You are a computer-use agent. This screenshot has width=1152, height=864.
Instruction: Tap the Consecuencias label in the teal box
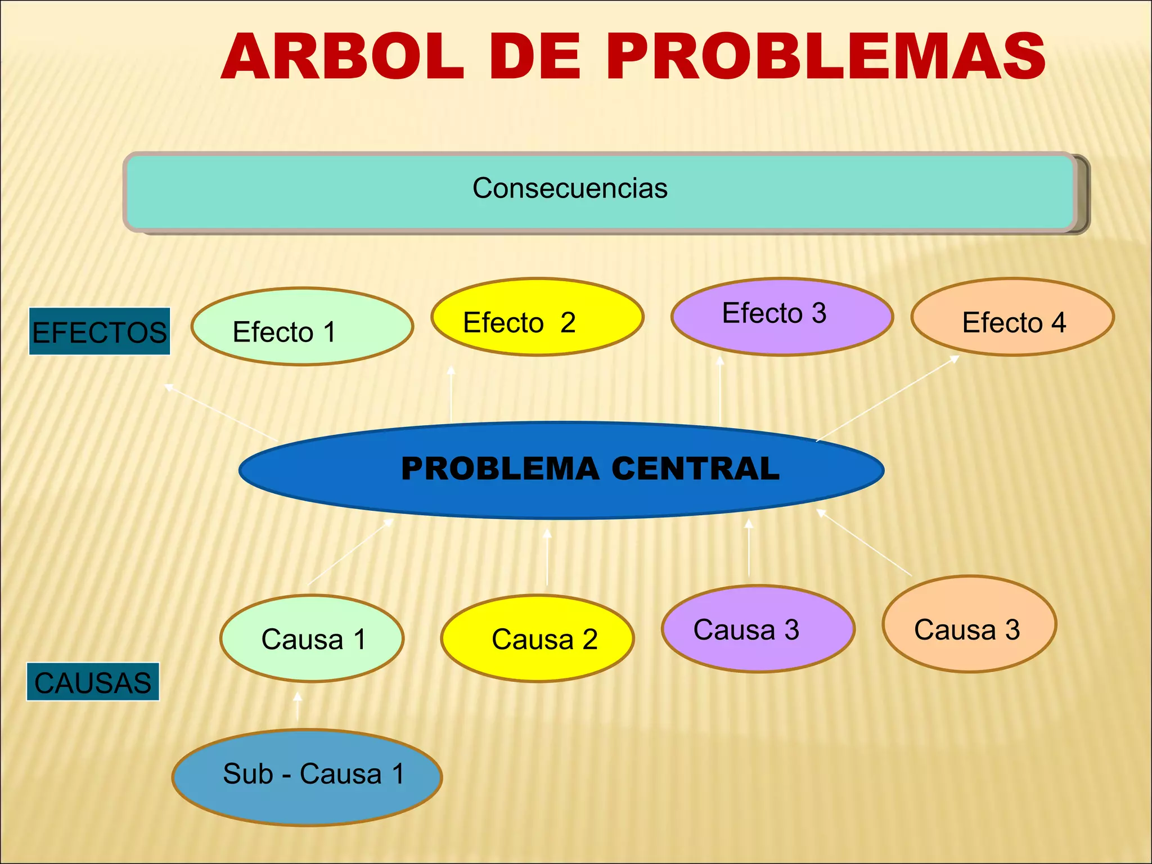pos(570,188)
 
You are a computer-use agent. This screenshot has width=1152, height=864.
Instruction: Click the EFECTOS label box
pos(100,332)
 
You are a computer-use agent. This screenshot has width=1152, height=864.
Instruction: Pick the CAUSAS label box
pos(93,682)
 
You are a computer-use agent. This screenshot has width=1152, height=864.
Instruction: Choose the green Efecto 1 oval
pos(302,327)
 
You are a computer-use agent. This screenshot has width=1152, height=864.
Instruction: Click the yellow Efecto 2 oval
pos(537,317)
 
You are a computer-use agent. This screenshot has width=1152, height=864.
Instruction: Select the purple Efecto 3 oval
pos(782,317)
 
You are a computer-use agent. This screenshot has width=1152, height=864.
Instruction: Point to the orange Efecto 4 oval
pos(1012,317)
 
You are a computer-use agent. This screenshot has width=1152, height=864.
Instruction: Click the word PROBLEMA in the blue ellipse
pos(500,469)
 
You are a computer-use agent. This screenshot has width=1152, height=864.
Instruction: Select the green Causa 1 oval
pos(312,638)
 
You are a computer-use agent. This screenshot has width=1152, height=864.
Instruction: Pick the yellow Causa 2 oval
pos(537,638)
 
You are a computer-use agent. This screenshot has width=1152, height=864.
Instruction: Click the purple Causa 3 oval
pos(758,629)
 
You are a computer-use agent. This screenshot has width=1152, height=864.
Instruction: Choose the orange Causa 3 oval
pos(969,624)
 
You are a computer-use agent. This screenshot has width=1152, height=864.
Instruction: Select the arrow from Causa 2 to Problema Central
pos(547,557)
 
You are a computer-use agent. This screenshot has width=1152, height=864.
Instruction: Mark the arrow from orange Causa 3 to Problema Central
pos(864,542)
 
